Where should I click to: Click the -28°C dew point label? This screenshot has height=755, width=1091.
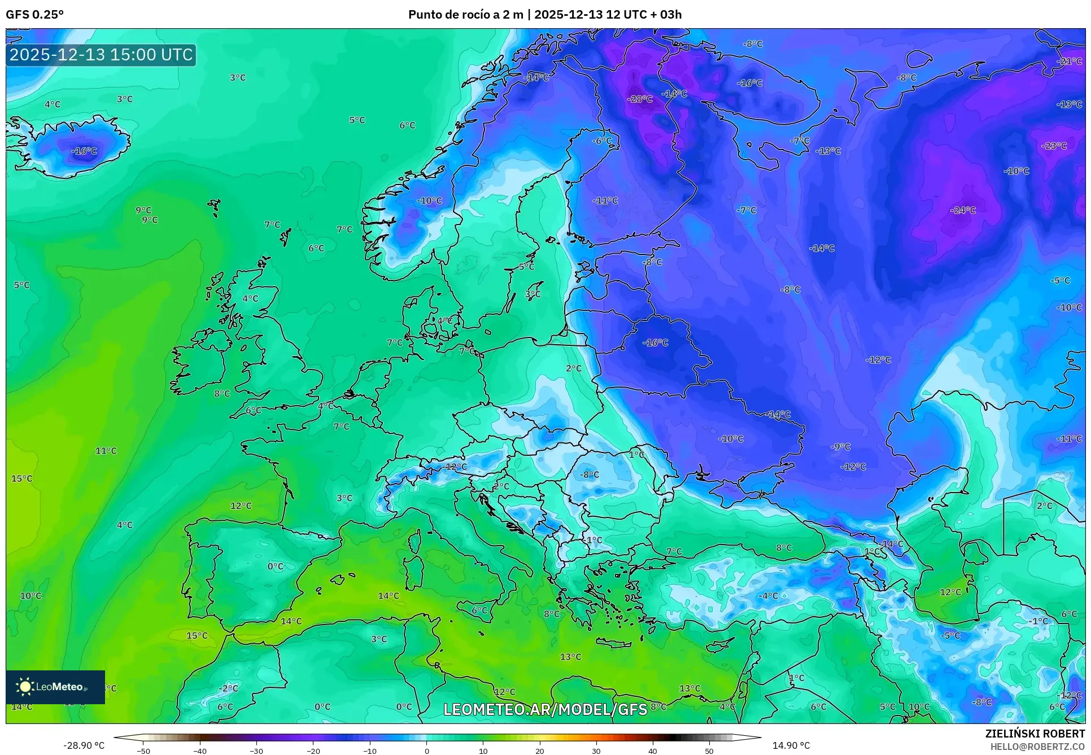(x=639, y=99)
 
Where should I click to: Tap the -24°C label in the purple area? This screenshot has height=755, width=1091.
(x=963, y=210)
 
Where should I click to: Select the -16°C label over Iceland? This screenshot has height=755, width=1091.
(x=84, y=151)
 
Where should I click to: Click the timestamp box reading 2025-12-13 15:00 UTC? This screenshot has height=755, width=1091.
(x=101, y=55)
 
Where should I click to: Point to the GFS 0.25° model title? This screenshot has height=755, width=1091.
(x=34, y=15)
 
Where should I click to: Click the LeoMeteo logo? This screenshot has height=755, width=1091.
(x=55, y=687)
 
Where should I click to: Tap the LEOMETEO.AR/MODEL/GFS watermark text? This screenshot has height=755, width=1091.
(x=545, y=709)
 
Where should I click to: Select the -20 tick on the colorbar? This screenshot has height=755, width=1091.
(x=313, y=751)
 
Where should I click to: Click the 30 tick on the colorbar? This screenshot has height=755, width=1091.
(x=596, y=751)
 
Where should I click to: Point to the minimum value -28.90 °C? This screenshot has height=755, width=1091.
(x=84, y=745)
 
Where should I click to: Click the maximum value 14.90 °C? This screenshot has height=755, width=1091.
(x=791, y=745)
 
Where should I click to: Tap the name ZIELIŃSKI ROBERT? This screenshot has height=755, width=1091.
(x=1035, y=734)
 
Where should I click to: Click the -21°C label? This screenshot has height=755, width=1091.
(x=1068, y=62)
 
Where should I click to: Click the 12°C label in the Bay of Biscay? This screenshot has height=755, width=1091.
(x=241, y=506)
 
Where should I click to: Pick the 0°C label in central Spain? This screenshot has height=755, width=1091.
(x=275, y=567)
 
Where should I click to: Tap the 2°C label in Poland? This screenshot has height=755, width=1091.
(x=573, y=368)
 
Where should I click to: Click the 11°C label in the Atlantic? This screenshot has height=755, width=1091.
(x=106, y=451)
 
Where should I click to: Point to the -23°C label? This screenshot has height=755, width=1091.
(x=1054, y=146)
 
